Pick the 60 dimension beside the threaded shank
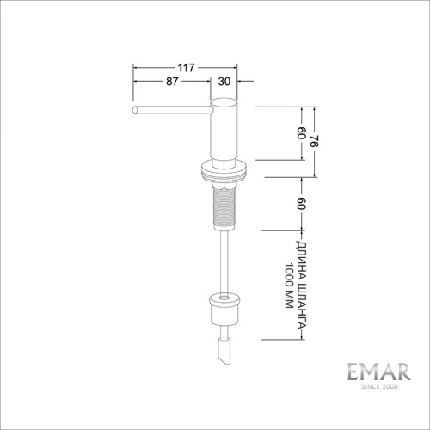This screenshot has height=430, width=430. click(x=301, y=203)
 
